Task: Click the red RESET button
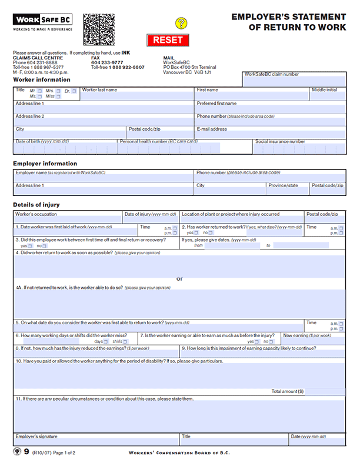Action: tap(168, 40)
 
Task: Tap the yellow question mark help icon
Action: tap(181, 24)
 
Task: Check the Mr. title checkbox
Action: tap(41, 91)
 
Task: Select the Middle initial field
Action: tap(328, 96)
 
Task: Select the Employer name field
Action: tap(104, 178)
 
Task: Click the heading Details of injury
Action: tap(36, 205)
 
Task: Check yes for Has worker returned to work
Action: tap(196, 233)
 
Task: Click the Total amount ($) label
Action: tap(288, 391)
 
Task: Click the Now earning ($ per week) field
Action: tap(313, 342)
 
